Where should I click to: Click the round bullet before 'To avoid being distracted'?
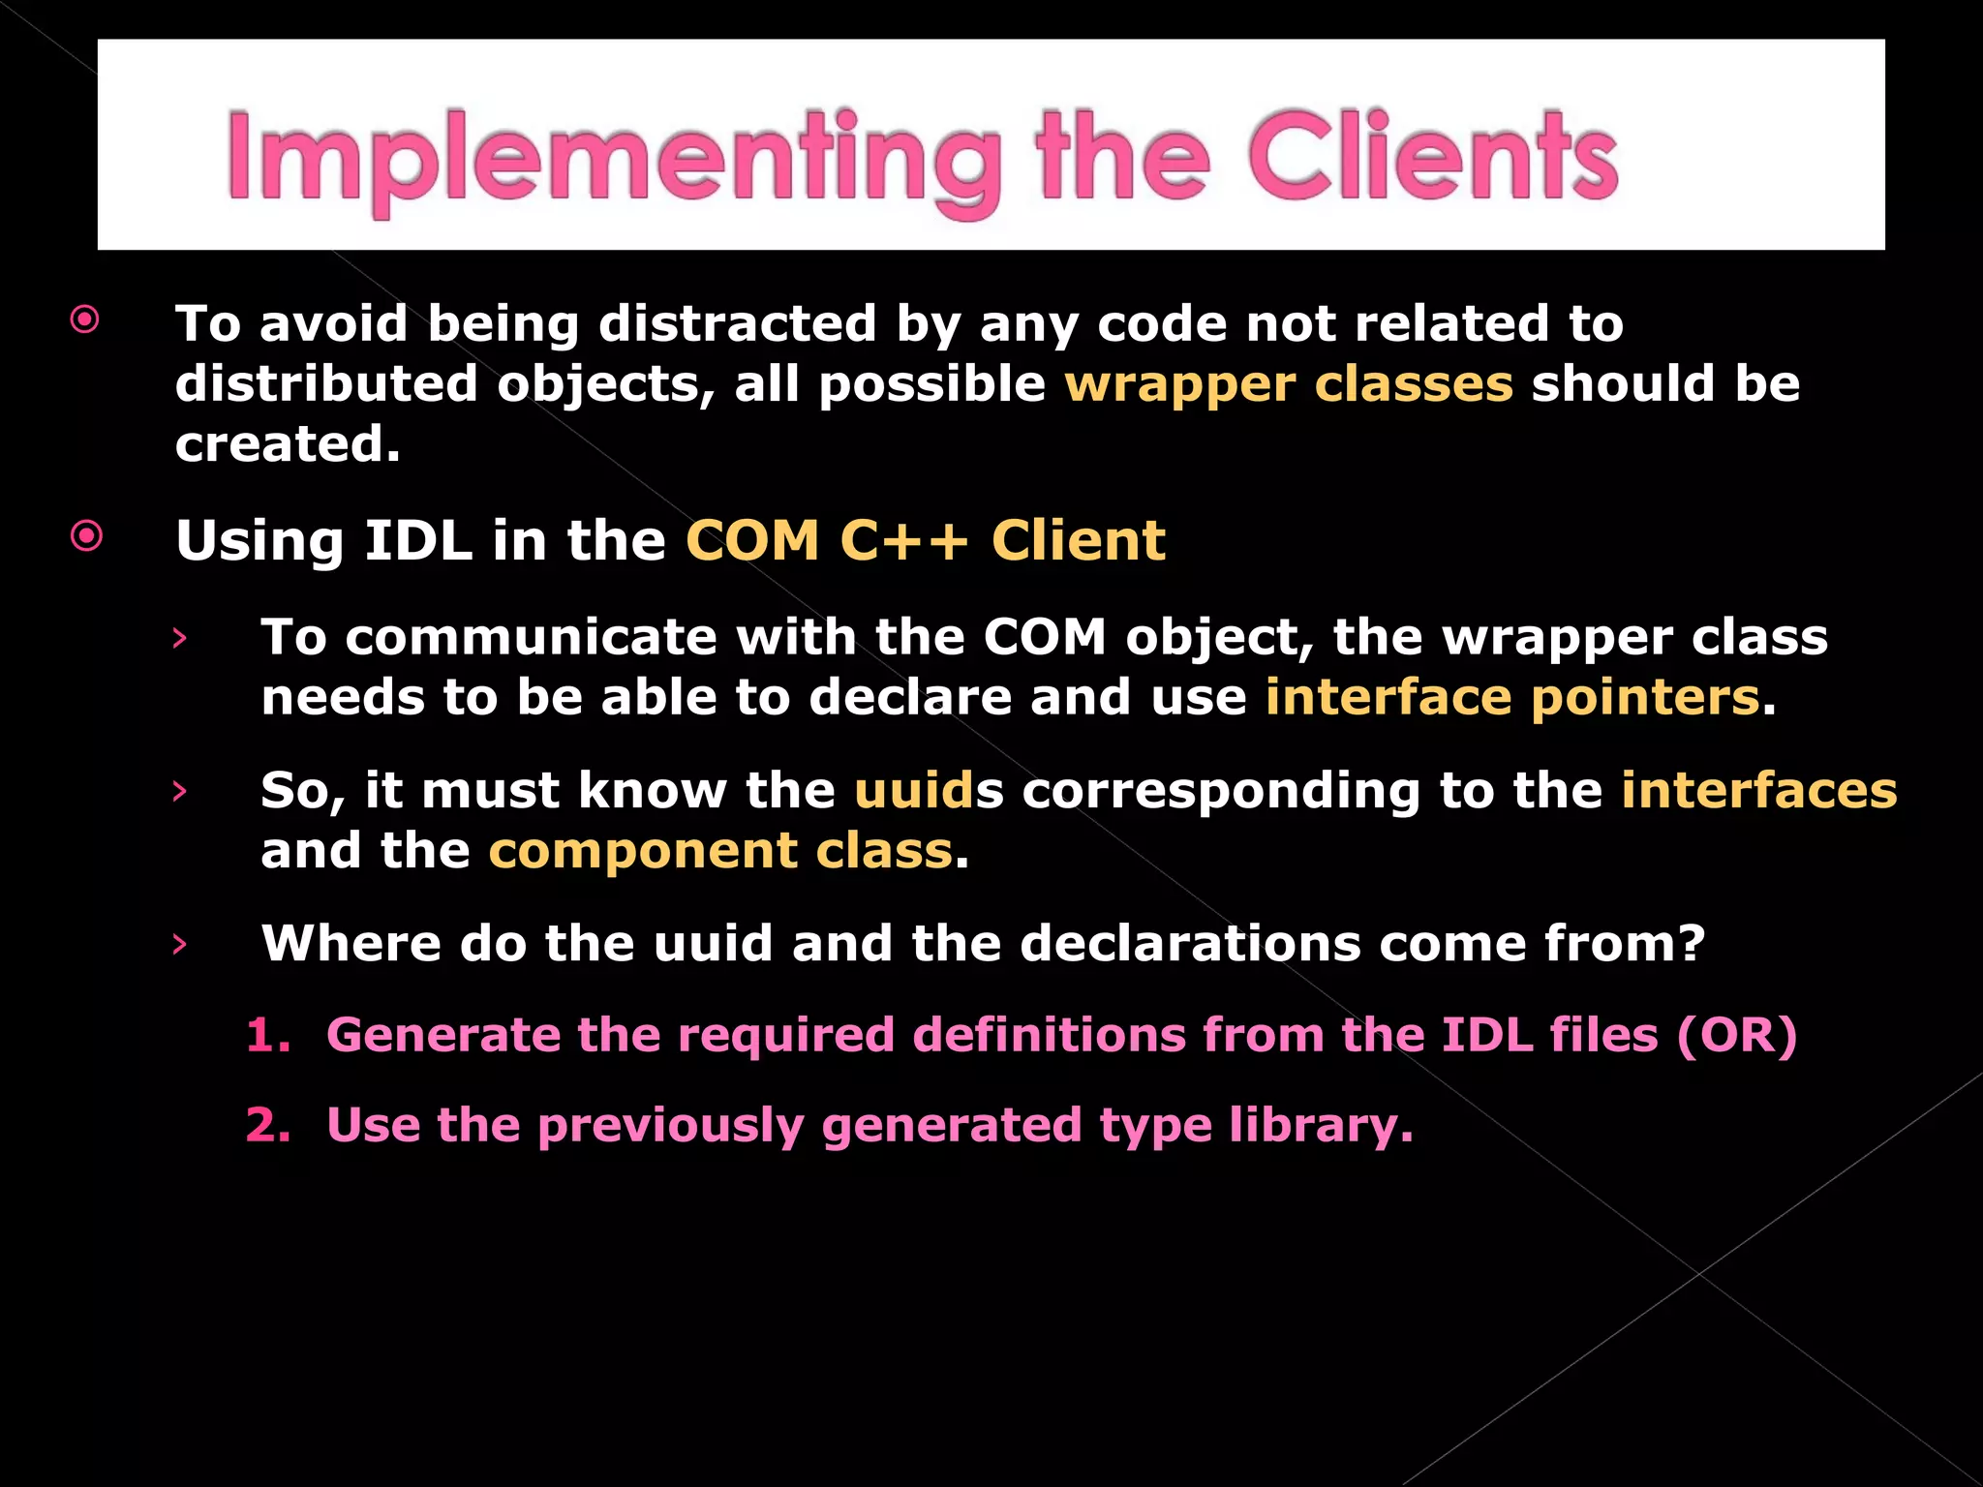pos(85,319)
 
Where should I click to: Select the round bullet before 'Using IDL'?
pos(86,535)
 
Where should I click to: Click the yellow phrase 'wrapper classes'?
pos(1288,383)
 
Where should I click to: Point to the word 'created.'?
pos(288,444)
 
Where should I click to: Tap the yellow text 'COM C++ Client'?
pos(925,540)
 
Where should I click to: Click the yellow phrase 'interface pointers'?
pos(1511,697)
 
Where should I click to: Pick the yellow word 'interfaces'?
pos(1758,790)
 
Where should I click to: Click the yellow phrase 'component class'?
pos(720,851)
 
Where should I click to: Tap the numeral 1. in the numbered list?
pos(267,1035)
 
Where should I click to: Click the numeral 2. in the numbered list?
pos(267,1125)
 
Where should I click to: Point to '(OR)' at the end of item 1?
pos(1736,1035)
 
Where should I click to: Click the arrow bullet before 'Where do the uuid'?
pos(179,944)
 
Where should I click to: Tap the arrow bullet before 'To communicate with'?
pos(179,638)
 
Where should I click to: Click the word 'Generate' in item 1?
pos(443,1035)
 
